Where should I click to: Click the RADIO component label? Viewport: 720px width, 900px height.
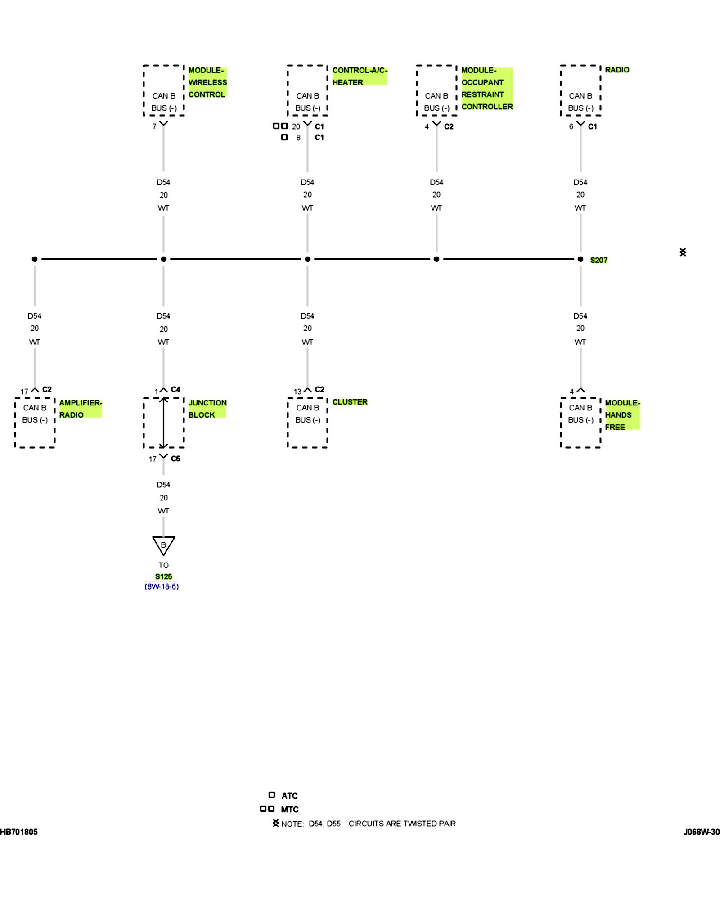coord(616,70)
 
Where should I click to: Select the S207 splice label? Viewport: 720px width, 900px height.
coord(598,260)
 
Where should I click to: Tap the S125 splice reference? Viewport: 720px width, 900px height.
coord(163,576)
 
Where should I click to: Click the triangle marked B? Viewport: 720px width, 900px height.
coord(163,545)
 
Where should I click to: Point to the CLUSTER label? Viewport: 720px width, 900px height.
coord(350,402)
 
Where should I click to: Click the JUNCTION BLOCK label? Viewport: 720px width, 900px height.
coord(207,409)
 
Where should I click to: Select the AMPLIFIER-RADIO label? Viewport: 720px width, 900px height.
coord(80,409)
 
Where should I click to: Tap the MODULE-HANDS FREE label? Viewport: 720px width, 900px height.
coord(621,414)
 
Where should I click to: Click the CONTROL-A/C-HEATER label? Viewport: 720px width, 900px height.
coord(359,76)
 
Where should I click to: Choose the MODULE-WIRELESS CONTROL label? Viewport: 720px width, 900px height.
coord(207,82)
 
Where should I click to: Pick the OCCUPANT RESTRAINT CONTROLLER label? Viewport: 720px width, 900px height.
coord(486,88)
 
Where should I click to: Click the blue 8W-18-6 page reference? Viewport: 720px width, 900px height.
coord(162,586)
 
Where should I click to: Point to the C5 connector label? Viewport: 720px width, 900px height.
coord(175,459)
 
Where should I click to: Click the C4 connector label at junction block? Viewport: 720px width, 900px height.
coord(175,389)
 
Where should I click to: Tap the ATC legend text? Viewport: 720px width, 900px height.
coord(289,796)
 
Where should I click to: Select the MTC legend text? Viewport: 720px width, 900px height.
coord(289,809)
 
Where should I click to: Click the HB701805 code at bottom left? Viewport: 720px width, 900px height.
coord(19,832)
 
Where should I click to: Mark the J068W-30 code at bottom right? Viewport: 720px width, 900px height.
coord(701,832)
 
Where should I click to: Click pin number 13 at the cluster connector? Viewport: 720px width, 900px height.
coord(297,391)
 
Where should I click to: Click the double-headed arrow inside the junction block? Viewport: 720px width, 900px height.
coord(163,423)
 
